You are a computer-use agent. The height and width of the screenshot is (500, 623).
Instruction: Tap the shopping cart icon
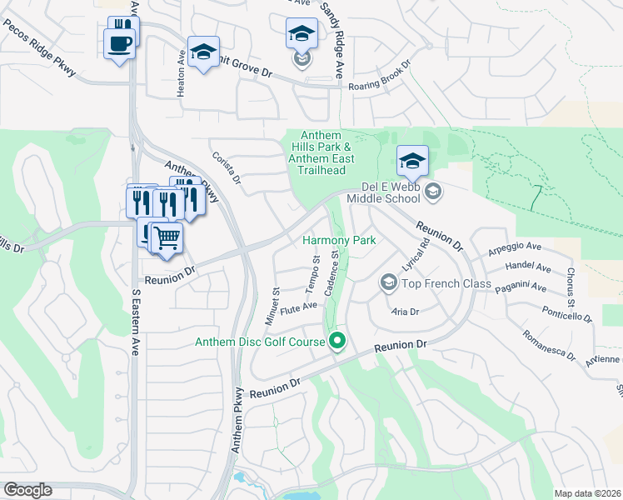click(167, 237)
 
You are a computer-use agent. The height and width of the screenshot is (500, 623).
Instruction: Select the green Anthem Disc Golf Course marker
click(337, 341)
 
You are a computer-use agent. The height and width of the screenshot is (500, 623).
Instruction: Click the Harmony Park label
click(339, 240)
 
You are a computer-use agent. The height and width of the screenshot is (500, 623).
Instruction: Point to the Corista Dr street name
click(226, 167)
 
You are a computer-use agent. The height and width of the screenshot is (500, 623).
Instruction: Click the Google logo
click(27, 490)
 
